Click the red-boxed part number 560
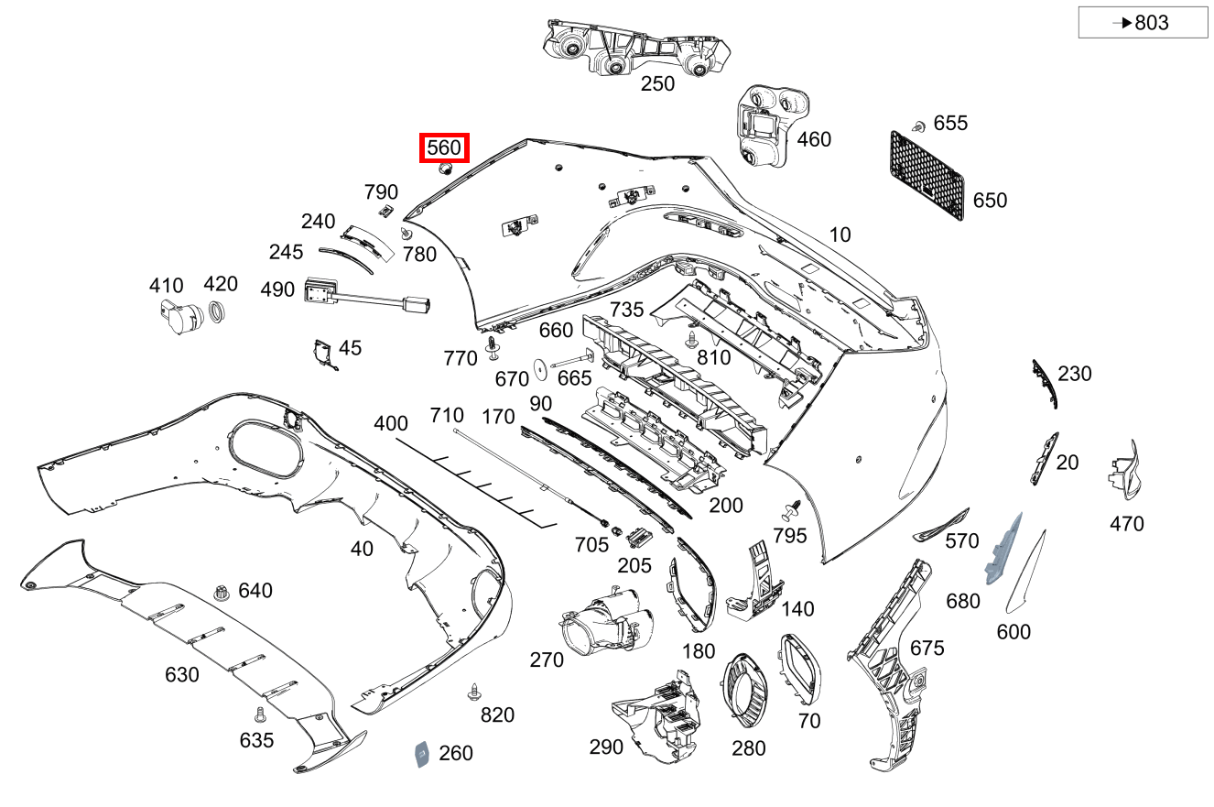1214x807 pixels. pos(444,147)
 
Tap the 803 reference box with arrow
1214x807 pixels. pos(1143,22)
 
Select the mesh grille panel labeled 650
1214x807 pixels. pos(927,175)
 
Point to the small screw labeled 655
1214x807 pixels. pos(918,126)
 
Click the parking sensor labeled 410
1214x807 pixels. pos(180,317)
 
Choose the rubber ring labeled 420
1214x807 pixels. pos(216,312)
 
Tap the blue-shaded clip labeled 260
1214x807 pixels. pos(422,755)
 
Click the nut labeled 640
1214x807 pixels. pos(221,593)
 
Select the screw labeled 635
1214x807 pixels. pos(260,714)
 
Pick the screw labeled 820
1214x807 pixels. pos(475,692)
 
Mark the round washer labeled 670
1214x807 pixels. pos(540,369)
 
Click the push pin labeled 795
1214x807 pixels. pos(792,510)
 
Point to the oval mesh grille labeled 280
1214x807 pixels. pos(744,691)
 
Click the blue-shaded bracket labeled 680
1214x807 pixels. pos(1003,549)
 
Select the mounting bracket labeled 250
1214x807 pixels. pos(636,48)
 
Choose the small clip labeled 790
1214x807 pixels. pos(385,211)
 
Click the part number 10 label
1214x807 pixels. pos(840,234)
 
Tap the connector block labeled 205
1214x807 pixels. pos(639,538)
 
